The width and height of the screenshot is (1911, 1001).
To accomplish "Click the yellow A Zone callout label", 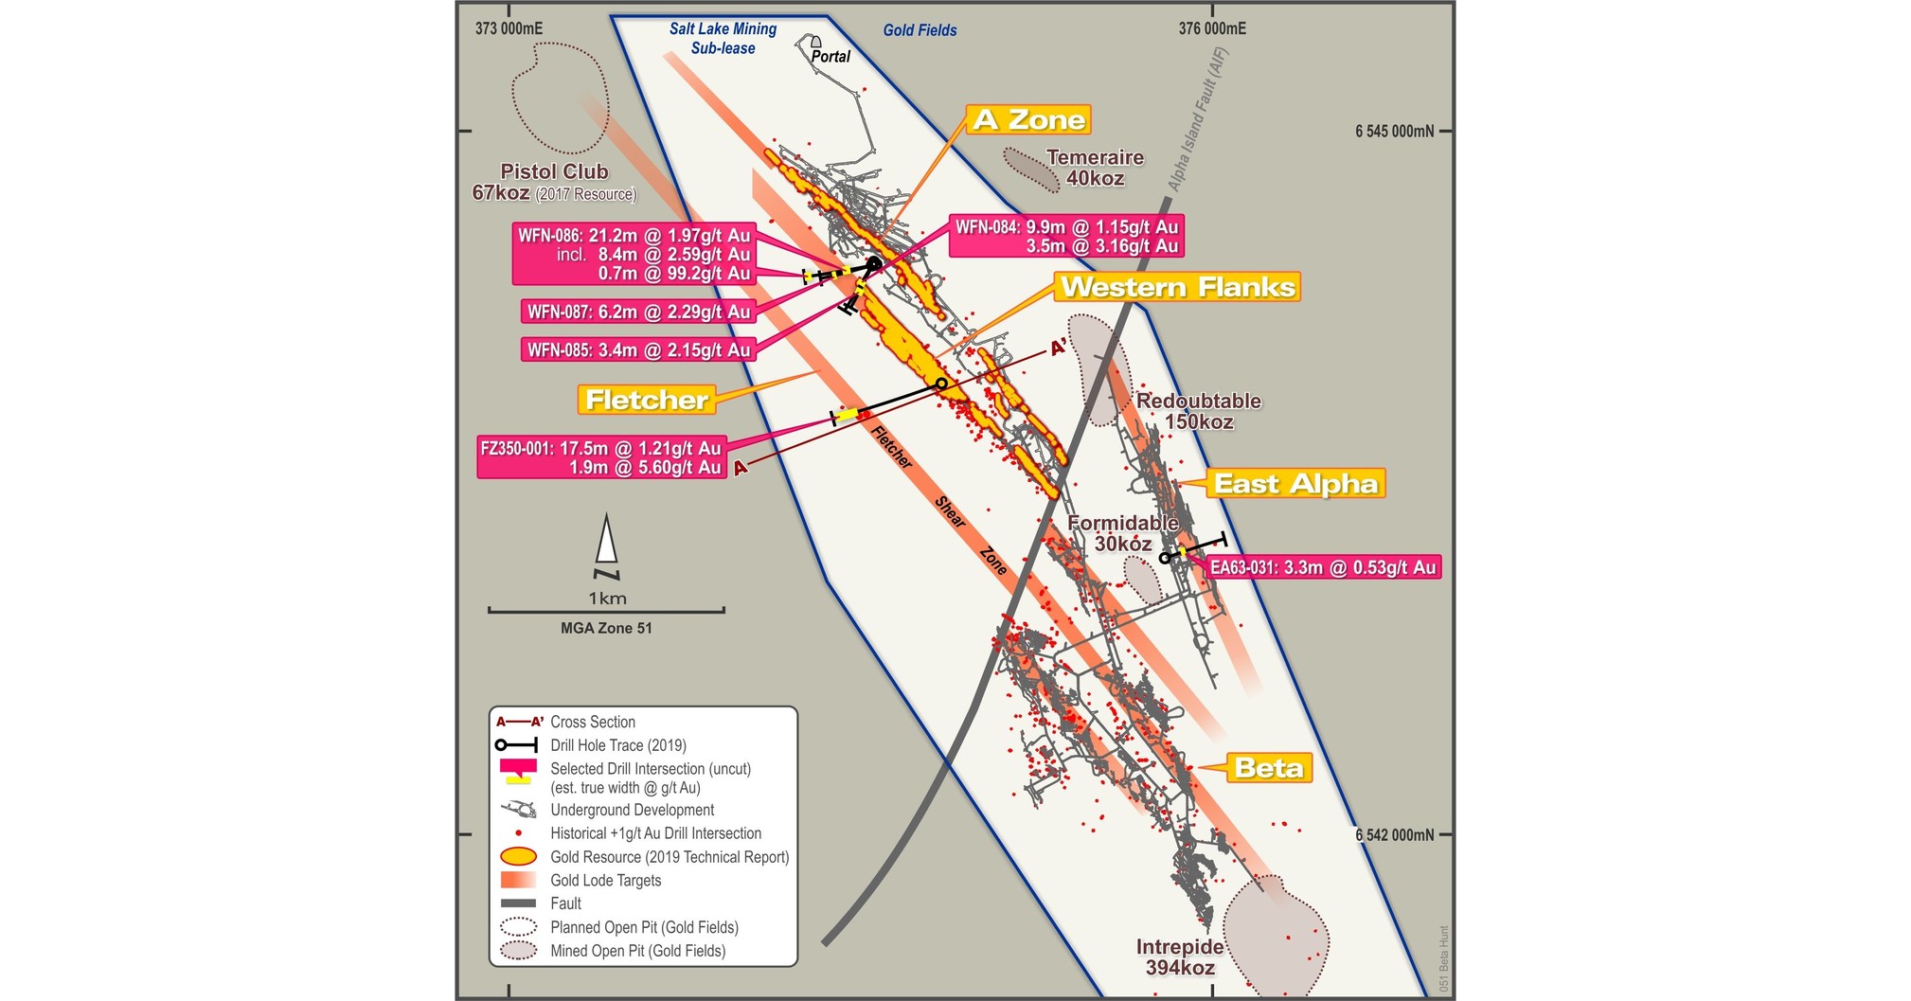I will point(1028,119).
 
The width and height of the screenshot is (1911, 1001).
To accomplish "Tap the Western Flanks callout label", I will point(1177,287).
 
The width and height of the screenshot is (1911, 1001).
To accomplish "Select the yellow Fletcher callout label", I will point(646,400).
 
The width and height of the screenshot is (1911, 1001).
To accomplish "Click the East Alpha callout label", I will point(1295,484).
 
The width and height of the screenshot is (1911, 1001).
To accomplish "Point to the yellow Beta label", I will point(1269,768).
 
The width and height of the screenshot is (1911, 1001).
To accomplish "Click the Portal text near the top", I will point(830,57).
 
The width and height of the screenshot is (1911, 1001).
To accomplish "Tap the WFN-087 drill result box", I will point(638,312).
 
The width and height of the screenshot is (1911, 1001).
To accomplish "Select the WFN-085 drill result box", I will point(638,350).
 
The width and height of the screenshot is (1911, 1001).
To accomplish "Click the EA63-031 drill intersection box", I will point(1323,568).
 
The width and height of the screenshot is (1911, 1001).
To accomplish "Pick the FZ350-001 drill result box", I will point(601,457).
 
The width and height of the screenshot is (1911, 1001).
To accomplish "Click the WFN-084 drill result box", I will point(1066,237).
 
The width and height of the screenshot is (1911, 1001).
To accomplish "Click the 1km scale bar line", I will point(606,611).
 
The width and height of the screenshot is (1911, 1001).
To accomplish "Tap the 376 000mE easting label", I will point(1211,28).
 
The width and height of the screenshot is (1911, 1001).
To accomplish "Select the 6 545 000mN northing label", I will point(1394,132).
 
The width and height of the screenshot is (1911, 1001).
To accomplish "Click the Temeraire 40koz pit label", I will point(1095,168).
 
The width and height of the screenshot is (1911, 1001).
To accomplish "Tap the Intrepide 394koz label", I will point(1180,956).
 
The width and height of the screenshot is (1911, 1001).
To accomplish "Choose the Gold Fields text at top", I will point(920,30).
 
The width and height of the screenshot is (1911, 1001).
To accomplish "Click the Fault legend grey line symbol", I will point(518,903).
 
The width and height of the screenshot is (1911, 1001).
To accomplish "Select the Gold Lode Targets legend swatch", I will point(518,880).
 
